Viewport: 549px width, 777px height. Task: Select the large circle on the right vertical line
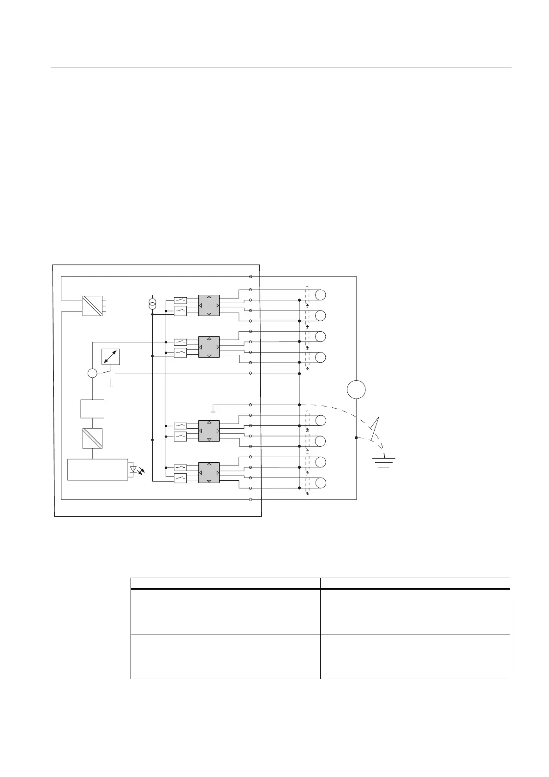[x=356, y=389]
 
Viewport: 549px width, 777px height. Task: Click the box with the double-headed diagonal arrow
[x=111, y=357]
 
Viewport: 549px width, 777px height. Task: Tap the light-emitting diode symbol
[x=134, y=470]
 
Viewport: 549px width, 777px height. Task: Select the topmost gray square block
[x=209, y=305]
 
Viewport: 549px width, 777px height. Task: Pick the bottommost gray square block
[x=209, y=472]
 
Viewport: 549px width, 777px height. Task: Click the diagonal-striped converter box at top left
[x=92, y=305]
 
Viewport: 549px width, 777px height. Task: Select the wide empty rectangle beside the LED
[x=98, y=470]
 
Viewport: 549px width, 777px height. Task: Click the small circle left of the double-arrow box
[x=92, y=373]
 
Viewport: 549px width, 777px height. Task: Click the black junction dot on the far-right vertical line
[x=356, y=437]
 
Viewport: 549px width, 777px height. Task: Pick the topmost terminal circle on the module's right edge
[x=251, y=276]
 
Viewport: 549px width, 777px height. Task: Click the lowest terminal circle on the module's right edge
[x=251, y=499]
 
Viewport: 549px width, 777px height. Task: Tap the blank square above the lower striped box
[x=92, y=409]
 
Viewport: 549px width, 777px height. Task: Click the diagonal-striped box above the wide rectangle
[x=92, y=438]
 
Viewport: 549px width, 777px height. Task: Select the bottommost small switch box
[x=180, y=478]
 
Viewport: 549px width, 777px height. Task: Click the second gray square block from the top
[x=209, y=347]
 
